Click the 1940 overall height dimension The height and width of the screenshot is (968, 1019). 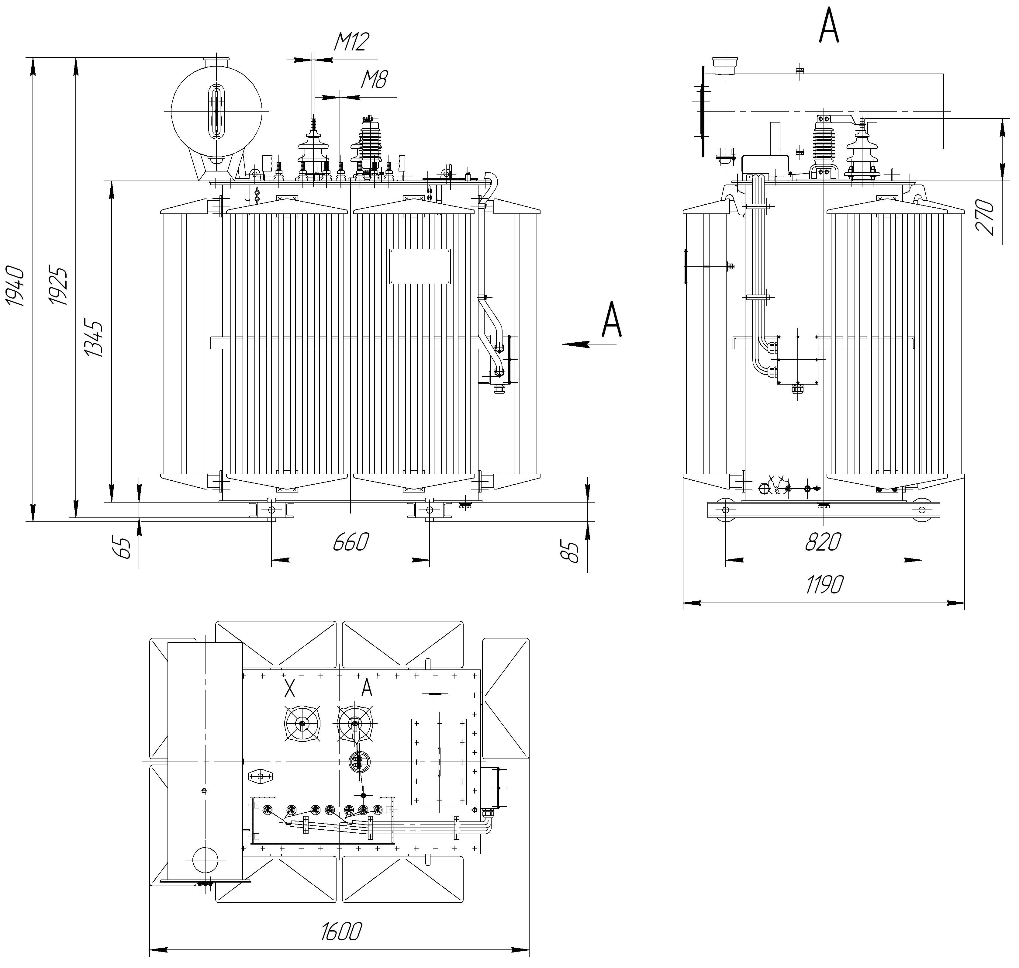(16, 286)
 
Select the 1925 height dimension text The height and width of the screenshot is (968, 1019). (58, 286)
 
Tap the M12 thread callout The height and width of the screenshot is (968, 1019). (351, 42)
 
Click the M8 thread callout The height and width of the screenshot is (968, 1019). (374, 79)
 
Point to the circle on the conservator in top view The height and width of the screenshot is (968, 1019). (205, 860)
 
